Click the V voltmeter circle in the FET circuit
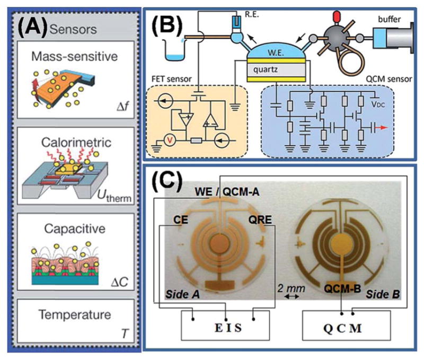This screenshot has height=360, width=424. (x=169, y=141)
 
